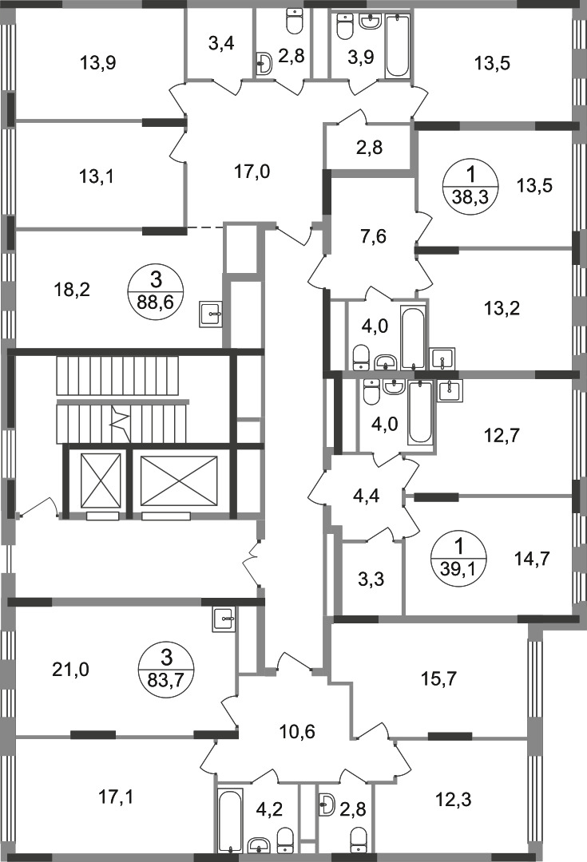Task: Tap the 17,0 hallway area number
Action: pyautogui.click(x=252, y=172)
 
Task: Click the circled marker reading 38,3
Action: pyautogui.click(x=471, y=186)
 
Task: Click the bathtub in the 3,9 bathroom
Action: pyautogui.click(x=399, y=45)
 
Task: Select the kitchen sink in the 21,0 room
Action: pyautogui.click(x=224, y=619)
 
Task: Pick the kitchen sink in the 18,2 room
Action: pyautogui.click(x=212, y=314)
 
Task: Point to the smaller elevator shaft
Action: pyautogui.click(x=100, y=480)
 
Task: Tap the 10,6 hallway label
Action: pyautogui.click(x=297, y=732)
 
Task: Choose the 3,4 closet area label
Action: pyautogui.click(x=222, y=42)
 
